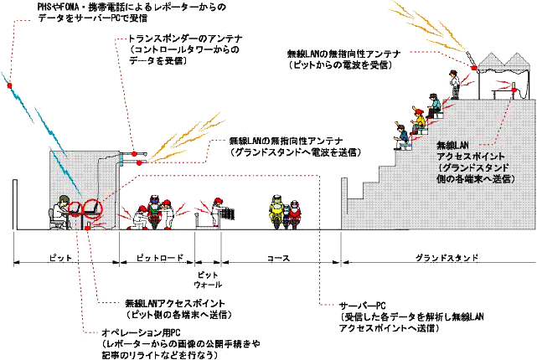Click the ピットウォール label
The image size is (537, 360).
point(207,278)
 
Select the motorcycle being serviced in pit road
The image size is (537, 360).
point(153,213)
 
